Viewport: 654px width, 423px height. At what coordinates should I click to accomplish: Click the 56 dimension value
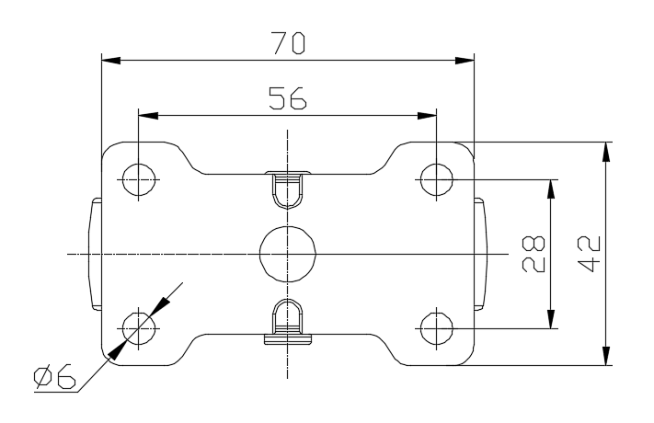[x=287, y=98]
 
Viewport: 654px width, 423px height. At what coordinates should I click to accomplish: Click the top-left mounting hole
[x=138, y=179]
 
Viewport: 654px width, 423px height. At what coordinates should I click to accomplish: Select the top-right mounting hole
[x=435, y=179]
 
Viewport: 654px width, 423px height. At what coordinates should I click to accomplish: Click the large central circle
[x=287, y=252]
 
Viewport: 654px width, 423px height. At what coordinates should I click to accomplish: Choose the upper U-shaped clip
[x=287, y=189]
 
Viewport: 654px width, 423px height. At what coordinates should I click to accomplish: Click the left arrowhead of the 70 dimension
[x=110, y=62]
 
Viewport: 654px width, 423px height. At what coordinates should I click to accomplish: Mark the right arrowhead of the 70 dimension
[x=465, y=62]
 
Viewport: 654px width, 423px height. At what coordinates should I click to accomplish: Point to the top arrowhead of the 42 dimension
[x=605, y=152]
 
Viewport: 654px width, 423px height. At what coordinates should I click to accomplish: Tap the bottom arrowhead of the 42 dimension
[x=605, y=355]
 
